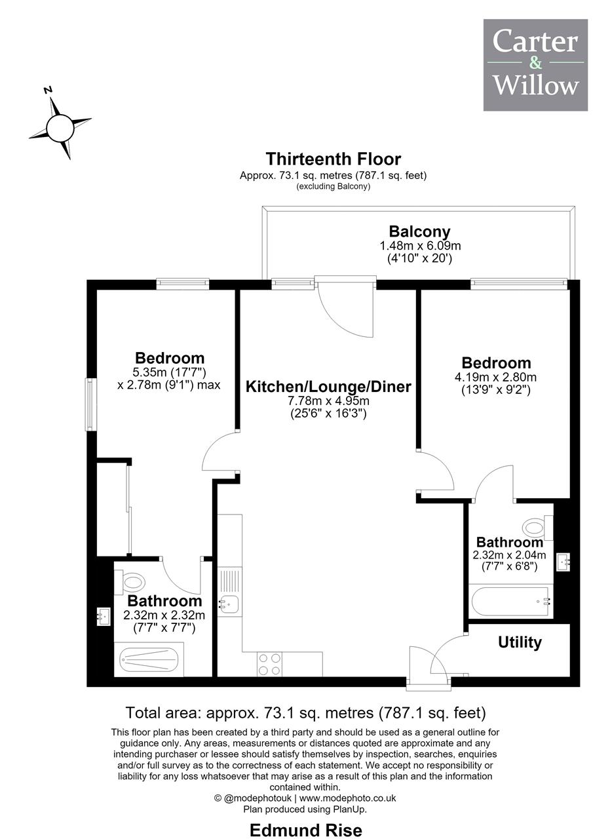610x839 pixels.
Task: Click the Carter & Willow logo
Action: click(x=535, y=65)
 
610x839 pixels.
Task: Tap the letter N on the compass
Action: click(x=48, y=90)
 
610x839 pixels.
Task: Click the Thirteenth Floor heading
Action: click(x=334, y=159)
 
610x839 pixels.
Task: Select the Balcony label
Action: click(x=419, y=231)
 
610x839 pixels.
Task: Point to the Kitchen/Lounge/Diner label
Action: click(x=328, y=387)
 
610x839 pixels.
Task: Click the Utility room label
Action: click(x=520, y=643)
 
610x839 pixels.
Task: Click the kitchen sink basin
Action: click(x=229, y=604)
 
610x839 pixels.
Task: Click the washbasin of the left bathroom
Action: click(x=104, y=615)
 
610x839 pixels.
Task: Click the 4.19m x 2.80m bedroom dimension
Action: click(x=495, y=377)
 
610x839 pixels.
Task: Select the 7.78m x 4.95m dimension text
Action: click(x=328, y=400)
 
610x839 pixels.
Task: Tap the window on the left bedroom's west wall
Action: click(x=91, y=404)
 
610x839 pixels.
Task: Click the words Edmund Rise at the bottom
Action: click(x=306, y=830)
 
